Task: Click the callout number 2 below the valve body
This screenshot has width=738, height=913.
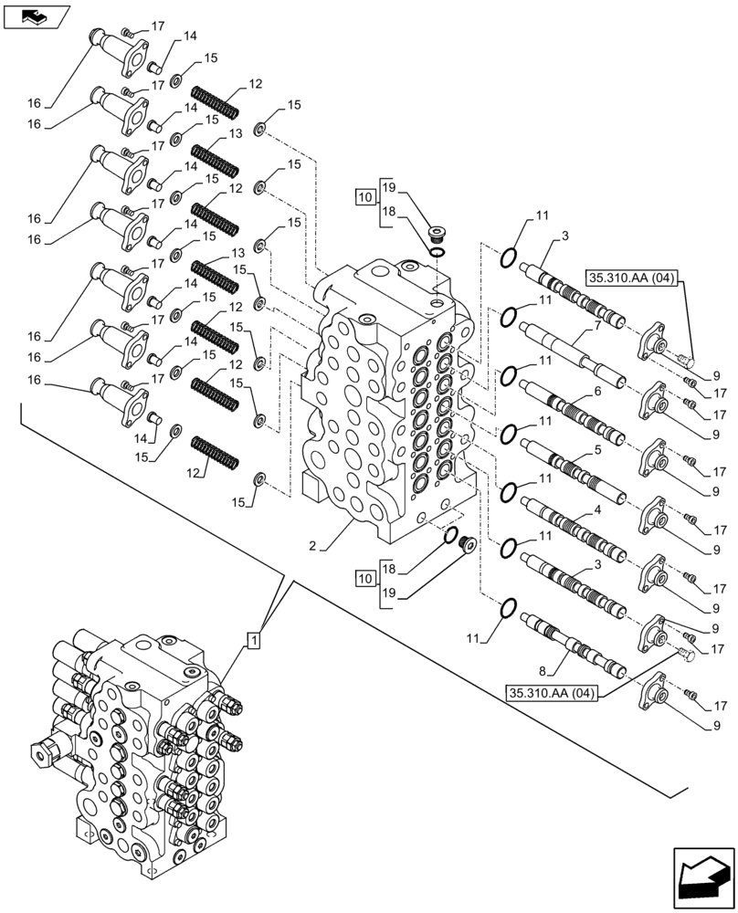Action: [x=312, y=546]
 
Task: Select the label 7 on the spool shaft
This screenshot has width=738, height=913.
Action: [x=596, y=326]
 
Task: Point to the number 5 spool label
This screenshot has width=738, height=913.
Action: [x=596, y=451]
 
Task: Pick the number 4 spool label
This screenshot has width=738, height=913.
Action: [x=596, y=509]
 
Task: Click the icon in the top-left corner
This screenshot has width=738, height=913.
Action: [x=36, y=16]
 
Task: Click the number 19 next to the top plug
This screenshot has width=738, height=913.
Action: [x=388, y=188]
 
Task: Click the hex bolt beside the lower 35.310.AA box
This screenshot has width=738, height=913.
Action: [x=687, y=654]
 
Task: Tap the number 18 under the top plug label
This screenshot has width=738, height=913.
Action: [x=388, y=210]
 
